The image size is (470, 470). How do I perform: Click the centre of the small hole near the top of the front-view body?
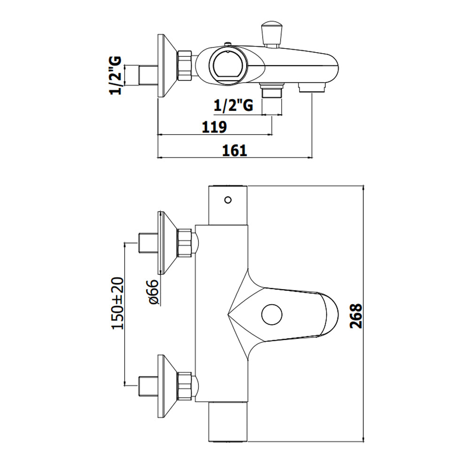click(x=228, y=200)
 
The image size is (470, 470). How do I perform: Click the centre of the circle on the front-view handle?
click(x=272, y=315)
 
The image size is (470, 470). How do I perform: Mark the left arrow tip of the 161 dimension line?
click(x=157, y=157)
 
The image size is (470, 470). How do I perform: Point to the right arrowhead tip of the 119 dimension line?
click(x=272, y=135)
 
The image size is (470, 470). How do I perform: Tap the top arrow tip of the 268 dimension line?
click(x=364, y=186)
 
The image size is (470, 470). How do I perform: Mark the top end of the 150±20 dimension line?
click(x=125, y=243)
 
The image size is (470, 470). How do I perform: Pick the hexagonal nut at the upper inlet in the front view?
click(x=185, y=243)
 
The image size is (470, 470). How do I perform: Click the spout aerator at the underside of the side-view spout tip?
click(x=312, y=88)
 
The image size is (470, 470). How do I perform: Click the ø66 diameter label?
click(x=154, y=292)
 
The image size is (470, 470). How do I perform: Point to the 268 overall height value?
click(x=356, y=316)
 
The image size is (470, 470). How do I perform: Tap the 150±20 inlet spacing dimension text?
click(x=118, y=303)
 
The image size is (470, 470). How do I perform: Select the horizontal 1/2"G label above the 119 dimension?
click(x=234, y=105)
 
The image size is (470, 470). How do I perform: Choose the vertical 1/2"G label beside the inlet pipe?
click(x=116, y=75)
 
